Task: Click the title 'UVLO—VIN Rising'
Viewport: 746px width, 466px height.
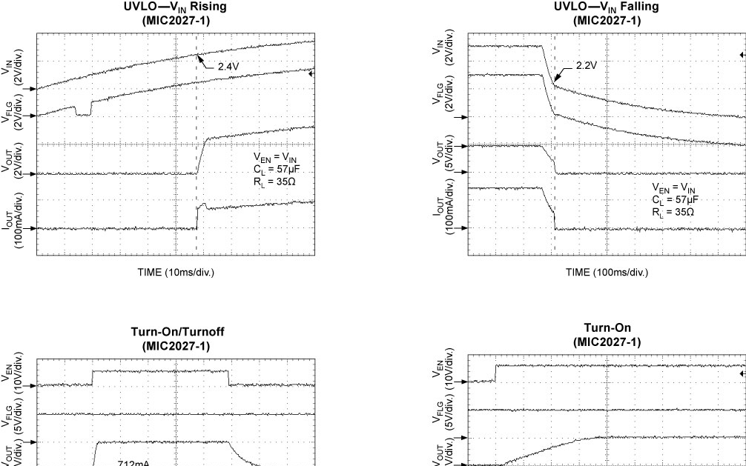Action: [175, 7]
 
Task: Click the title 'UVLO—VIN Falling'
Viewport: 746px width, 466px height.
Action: [606, 7]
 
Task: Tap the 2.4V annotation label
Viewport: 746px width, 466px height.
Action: [228, 67]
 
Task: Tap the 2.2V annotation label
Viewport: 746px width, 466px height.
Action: [586, 65]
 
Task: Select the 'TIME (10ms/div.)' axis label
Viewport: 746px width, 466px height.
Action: [175, 272]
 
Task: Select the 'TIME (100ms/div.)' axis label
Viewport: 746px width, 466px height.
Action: [607, 272]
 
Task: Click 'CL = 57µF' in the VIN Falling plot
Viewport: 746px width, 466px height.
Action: [675, 199]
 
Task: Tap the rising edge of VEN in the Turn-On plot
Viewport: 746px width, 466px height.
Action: [495, 373]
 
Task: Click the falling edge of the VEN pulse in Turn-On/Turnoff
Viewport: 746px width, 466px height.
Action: [229, 378]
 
